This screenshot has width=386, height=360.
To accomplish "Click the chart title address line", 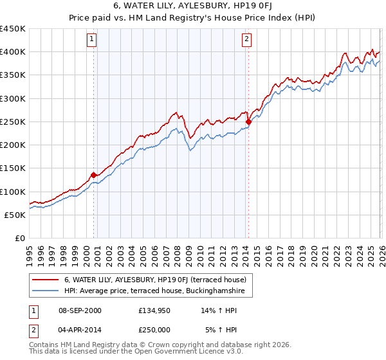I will click(192, 6).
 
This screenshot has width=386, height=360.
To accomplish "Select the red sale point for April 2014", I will click(248, 120).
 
